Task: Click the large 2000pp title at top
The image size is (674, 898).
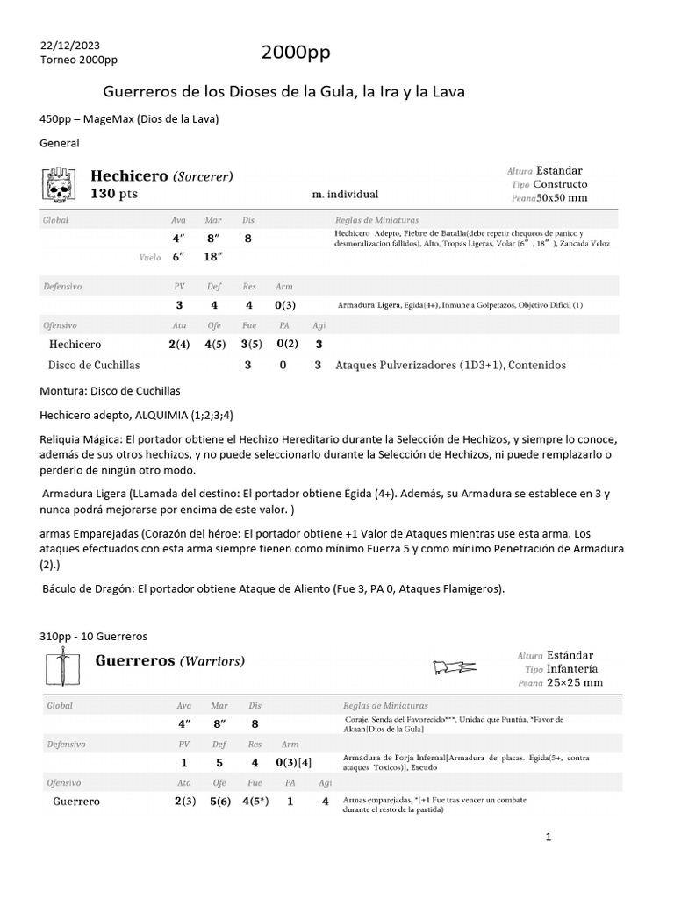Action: tap(296, 53)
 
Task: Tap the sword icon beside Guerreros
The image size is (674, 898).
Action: tap(59, 669)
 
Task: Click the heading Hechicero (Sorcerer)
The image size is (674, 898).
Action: tap(162, 176)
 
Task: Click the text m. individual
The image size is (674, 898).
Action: tap(345, 194)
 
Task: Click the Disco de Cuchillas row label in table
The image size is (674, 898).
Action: tap(95, 365)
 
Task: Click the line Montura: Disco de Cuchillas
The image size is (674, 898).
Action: tap(111, 390)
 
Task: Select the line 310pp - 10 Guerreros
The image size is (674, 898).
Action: tap(94, 636)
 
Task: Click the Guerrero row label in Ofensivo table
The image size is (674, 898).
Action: tap(76, 801)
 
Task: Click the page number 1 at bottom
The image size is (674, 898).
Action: tap(548, 837)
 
